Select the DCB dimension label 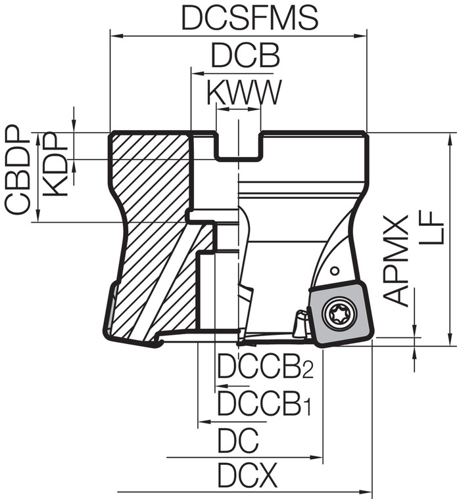coord(245,56)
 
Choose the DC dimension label coord(238,441)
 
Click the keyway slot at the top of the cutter coord(239,144)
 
